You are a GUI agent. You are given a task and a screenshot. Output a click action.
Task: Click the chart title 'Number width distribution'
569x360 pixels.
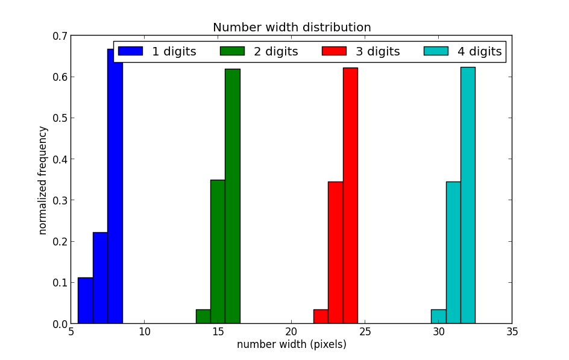click(x=292, y=28)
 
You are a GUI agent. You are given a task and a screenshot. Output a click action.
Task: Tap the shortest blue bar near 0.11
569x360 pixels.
click(x=86, y=300)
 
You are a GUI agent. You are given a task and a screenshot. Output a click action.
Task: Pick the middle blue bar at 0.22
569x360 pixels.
click(x=100, y=278)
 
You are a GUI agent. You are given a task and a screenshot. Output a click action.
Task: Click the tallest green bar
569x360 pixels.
click(x=233, y=196)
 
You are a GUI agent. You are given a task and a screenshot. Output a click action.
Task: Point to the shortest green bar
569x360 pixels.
click(x=203, y=317)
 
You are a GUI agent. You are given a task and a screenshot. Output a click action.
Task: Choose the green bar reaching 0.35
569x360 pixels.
click(x=218, y=251)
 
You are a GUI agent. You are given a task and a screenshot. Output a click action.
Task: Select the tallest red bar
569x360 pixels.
click(x=350, y=195)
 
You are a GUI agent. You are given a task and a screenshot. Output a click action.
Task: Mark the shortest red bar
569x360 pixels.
click(x=321, y=317)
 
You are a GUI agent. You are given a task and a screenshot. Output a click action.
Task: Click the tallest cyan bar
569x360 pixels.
click(x=468, y=195)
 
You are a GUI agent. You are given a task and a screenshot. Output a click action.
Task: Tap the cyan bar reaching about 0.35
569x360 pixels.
click(x=453, y=253)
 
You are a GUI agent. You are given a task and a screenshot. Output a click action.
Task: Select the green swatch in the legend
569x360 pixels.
click(x=232, y=51)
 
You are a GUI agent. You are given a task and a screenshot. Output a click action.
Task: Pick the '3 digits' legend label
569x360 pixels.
click(x=377, y=52)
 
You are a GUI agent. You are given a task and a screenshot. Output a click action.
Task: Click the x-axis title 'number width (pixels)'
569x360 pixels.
click(x=292, y=345)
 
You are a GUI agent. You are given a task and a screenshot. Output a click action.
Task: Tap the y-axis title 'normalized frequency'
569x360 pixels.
click(x=43, y=180)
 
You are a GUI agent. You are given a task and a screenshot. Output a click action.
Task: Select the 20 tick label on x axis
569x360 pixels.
click(x=292, y=332)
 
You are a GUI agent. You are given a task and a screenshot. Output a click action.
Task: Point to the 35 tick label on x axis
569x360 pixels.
click(x=512, y=332)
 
